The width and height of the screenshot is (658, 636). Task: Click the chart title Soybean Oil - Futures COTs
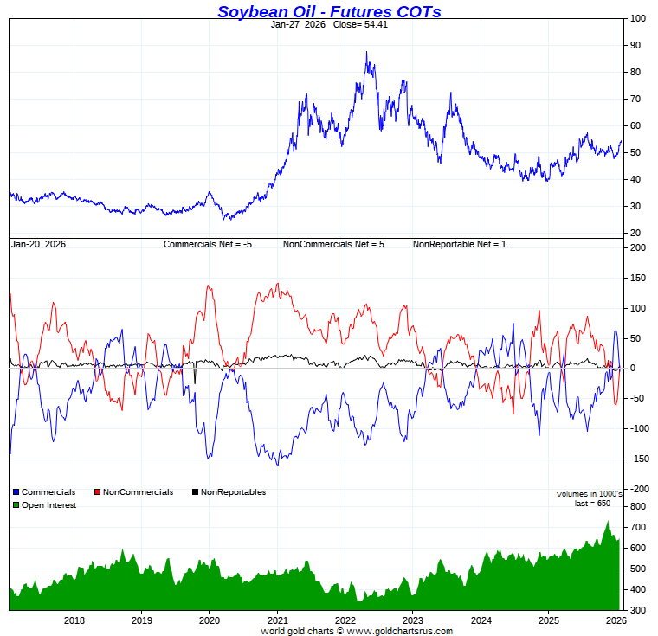pos(329,11)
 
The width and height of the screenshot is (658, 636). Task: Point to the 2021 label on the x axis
pos(277,620)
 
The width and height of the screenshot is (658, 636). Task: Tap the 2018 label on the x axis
pos(74,620)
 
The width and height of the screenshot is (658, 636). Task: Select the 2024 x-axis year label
pos(481,620)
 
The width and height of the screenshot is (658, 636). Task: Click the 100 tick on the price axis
pos(638,18)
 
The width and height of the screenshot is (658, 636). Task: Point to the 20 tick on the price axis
pos(635,233)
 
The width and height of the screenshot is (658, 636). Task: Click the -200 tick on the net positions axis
pos(638,489)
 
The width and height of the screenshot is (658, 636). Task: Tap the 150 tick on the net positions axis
pos(638,278)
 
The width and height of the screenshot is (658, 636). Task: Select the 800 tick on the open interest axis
pos(638,505)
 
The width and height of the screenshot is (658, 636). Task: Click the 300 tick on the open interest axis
pos(638,610)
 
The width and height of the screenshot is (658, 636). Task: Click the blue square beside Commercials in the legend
pos(16,492)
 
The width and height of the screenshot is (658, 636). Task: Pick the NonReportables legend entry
pos(233,492)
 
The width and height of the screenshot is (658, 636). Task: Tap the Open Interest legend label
pos(48,504)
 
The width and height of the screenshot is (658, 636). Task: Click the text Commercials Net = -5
pos(208,244)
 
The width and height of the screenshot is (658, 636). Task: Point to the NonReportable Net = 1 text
pos(459,244)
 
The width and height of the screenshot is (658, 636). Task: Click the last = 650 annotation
pos(592,503)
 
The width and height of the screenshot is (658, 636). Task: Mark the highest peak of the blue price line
pos(366,52)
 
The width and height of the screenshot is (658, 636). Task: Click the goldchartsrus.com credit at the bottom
pos(356,631)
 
